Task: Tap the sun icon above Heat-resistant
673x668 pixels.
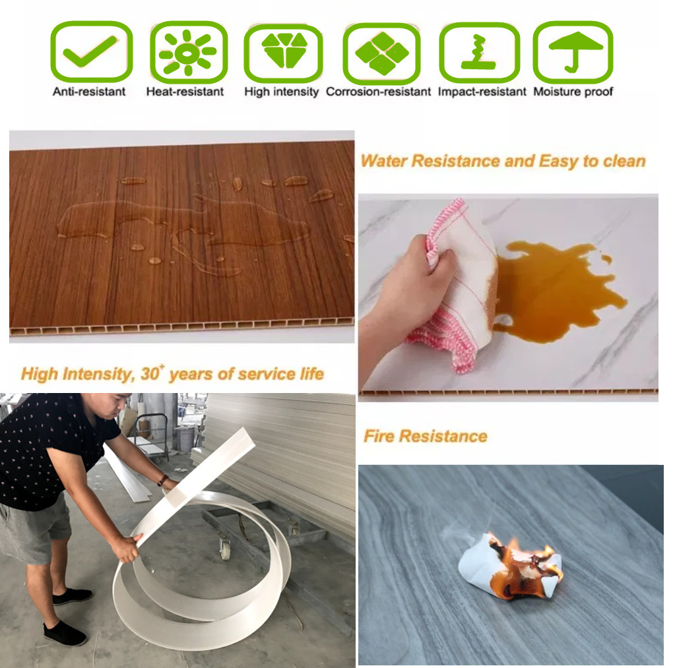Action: pyautogui.click(x=187, y=52)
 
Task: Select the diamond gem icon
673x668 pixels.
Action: pyautogui.click(x=284, y=49)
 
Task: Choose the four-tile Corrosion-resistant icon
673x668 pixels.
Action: pyautogui.click(x=382, y=53)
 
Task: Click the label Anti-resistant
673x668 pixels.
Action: pyautogui.click(x=89, y=92)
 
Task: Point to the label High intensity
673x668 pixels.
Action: pyautogui.click(x=281, y=92)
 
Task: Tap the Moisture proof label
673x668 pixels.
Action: pyautogui.click(x=573, y=92)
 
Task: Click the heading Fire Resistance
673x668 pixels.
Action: pyautogui.click(x=426, y=437)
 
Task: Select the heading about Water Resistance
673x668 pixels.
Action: pyautogui.click(x=503, y=162)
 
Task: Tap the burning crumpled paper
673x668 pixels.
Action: pyautogui.click(x=511, y=565)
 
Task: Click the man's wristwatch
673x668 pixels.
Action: pyautogui.click(x=163, y=480)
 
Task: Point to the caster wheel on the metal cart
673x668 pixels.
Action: pyautogui.click(x=225, y=549)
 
